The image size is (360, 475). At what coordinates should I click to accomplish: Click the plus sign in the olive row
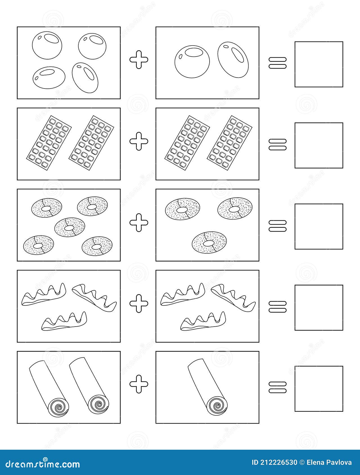139,59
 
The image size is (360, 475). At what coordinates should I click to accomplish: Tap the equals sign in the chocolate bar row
277,144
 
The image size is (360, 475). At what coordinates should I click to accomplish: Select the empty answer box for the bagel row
319,227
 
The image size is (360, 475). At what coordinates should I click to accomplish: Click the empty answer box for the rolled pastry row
319,388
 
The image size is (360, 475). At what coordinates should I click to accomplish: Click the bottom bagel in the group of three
209,241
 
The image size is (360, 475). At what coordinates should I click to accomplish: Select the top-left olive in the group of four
47,45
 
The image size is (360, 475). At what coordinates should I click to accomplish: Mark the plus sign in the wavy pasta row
139,303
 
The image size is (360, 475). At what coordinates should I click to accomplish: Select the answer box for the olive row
319,64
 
